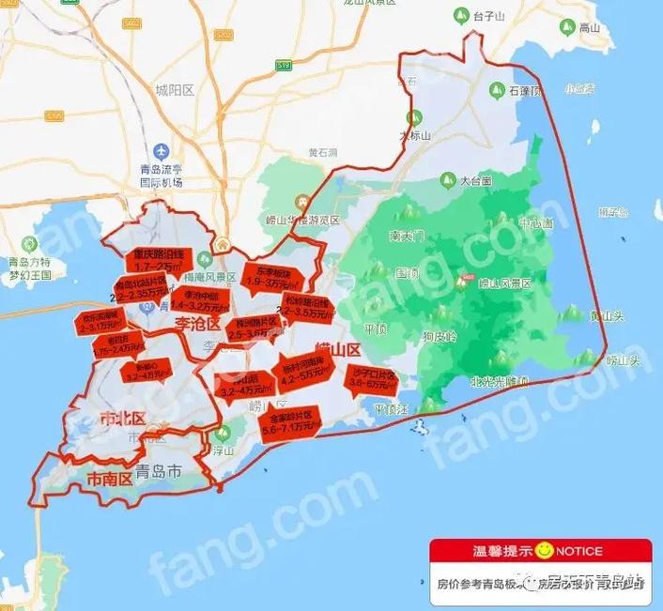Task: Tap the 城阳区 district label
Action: pos(174,90)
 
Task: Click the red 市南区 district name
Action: pos(110,478)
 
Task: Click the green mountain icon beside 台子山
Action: pos(460,16)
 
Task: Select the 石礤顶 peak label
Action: pos(526,92)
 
